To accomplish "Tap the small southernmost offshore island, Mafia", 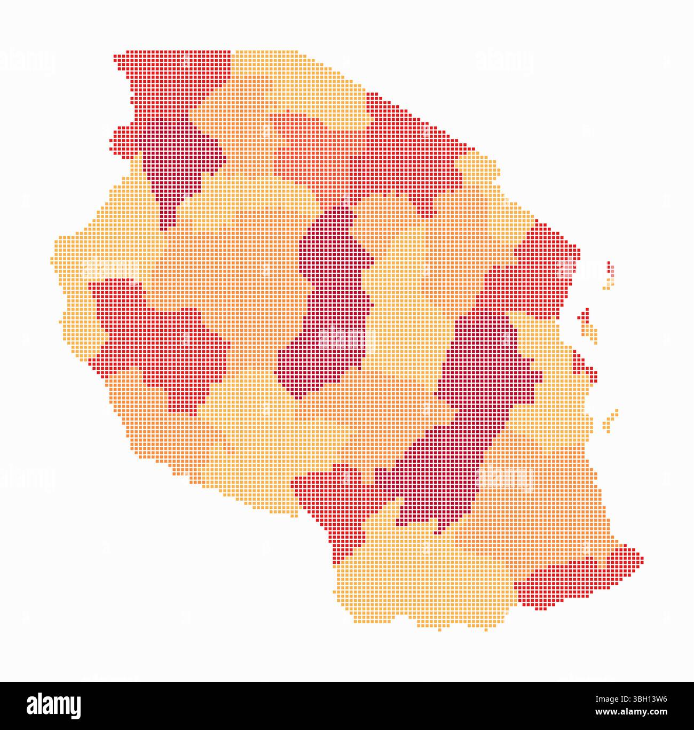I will coord(611,420).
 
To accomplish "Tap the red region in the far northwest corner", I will coord(160,80).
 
